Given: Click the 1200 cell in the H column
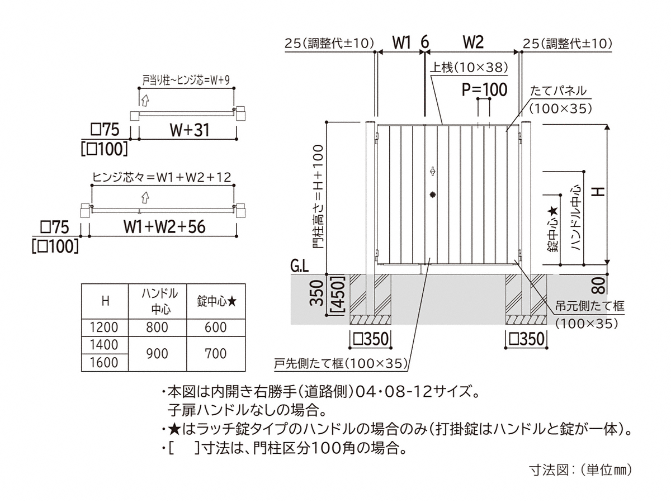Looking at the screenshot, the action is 104,328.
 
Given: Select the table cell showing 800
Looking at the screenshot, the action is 157,328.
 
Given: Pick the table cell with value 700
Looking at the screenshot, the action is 216,354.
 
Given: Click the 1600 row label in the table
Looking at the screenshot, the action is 104,363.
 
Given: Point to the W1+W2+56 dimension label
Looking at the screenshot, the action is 164,227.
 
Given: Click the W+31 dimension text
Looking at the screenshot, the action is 190,130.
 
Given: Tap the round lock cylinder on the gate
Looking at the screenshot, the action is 432,194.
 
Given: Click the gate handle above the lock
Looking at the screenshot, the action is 432,171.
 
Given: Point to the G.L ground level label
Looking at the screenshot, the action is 299,267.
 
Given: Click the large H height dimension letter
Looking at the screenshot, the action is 599,192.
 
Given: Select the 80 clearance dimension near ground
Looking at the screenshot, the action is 598,284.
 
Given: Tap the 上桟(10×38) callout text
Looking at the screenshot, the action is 469,67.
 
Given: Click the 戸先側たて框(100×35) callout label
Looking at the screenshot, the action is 341,363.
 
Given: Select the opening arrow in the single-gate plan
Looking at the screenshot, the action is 145,100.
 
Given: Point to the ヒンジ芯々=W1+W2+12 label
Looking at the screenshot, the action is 162,177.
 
